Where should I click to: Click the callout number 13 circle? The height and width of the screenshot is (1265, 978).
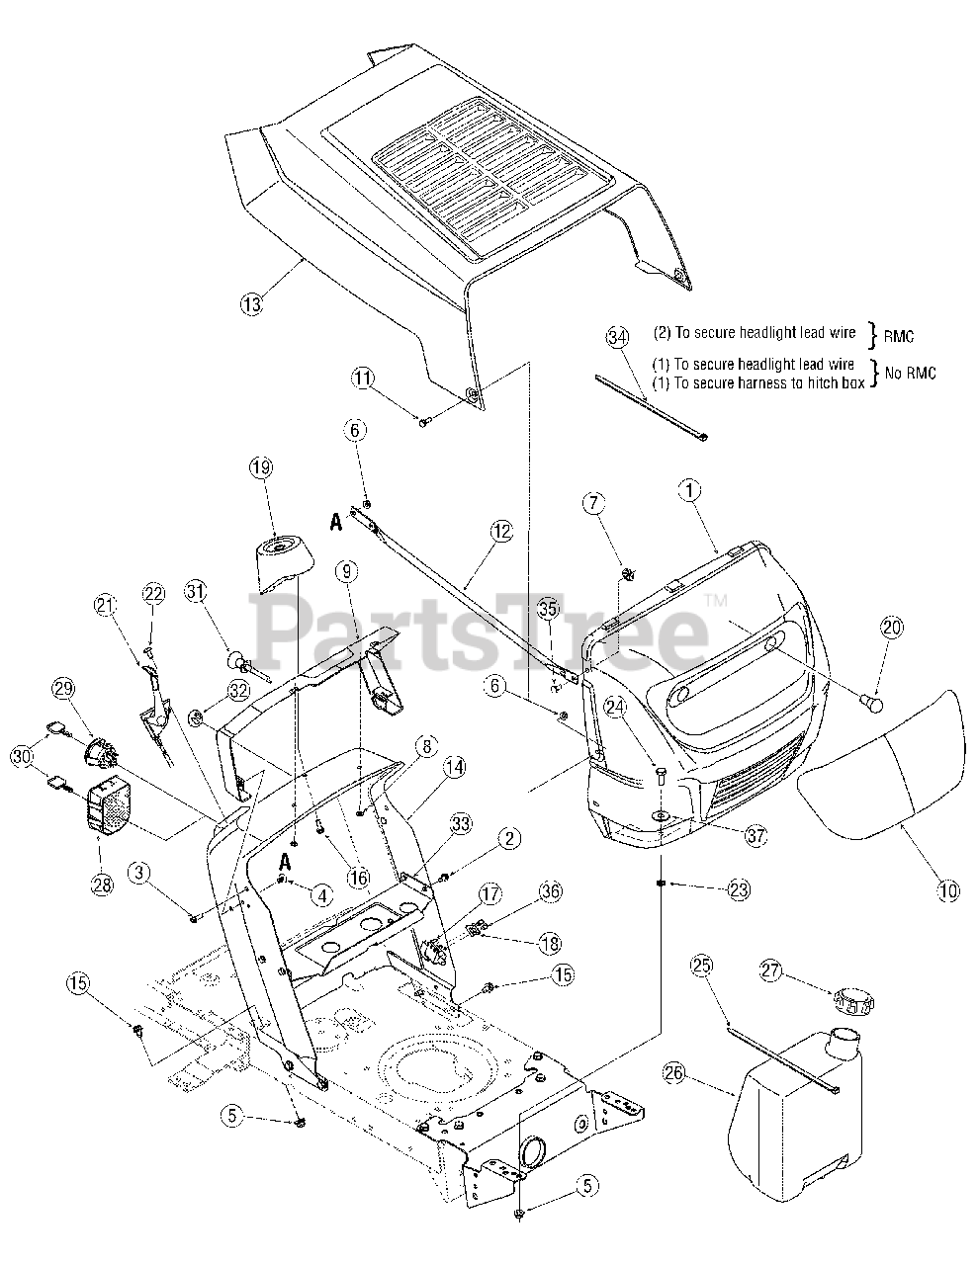252,303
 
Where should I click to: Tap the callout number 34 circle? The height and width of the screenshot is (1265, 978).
617,338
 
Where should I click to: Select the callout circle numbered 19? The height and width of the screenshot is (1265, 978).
260,467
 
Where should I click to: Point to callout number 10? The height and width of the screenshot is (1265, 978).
948,890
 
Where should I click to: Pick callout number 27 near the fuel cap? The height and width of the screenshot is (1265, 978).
771,970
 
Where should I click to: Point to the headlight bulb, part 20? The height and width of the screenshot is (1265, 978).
871,703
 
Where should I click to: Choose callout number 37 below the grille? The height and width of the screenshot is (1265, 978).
755,835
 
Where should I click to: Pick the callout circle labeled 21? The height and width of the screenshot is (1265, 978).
106,605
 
